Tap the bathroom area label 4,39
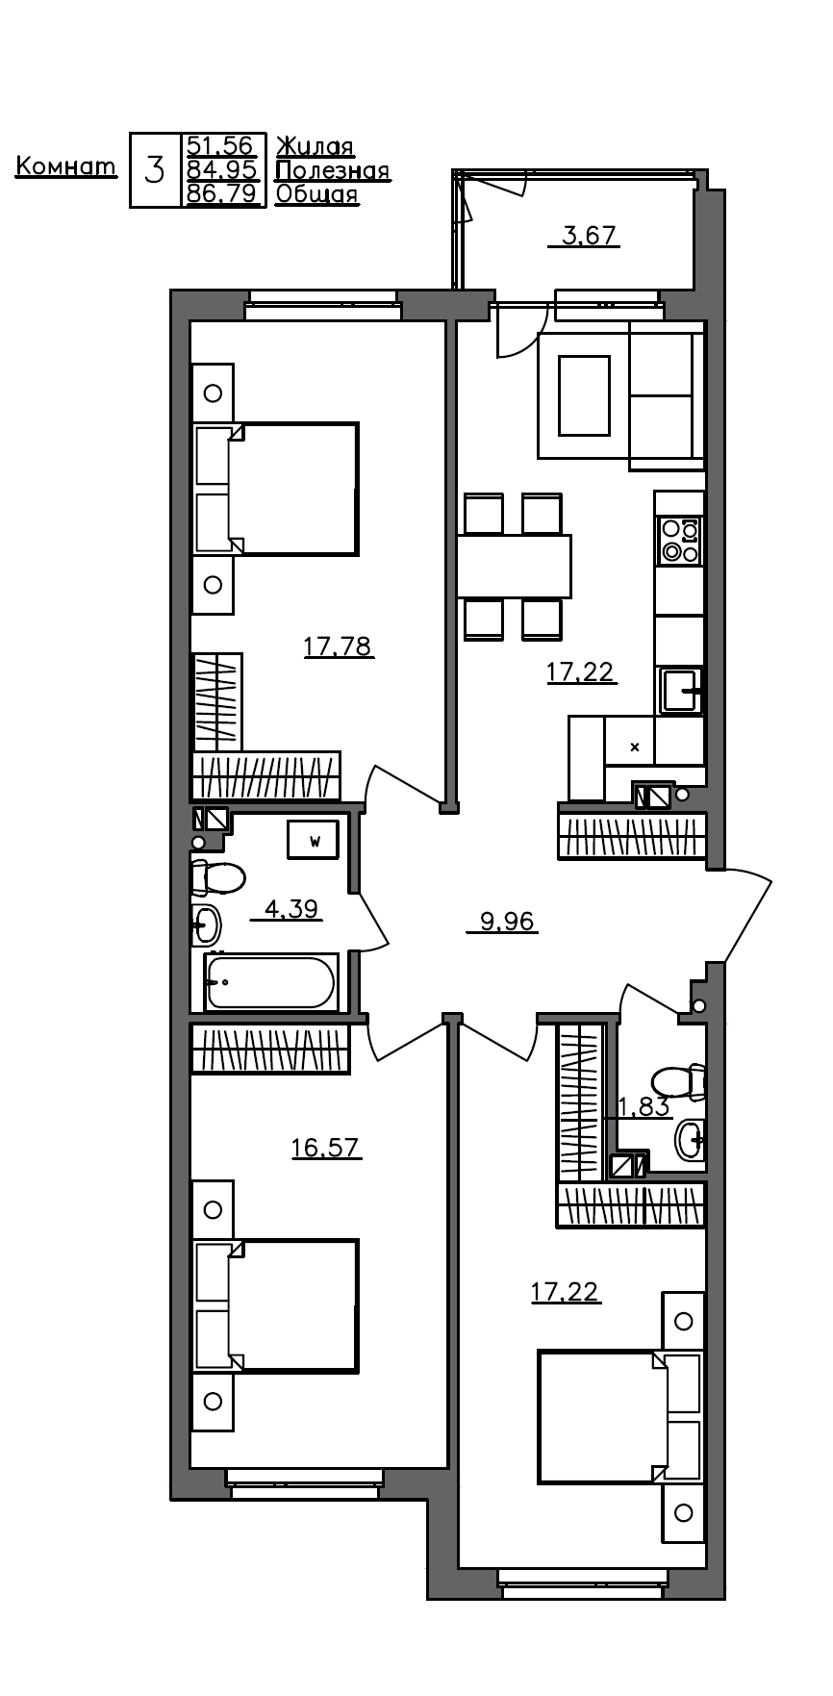click(x=290, y=908)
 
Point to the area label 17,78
click(x=338, y=645)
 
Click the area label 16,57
click(x=326, y=1148)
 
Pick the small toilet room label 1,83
click(x=643, y=1107)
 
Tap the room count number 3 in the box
click(x=154, y=171)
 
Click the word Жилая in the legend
click(x=316, y=147)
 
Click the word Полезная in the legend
click(x=333, y=171)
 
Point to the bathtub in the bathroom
click(x=271, y=982)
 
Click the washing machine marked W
click(x=314, y=840)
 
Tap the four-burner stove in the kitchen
click(x=679, y=540)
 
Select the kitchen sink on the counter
click(x=682, y=691)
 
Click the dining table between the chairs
click(x=514, y=566)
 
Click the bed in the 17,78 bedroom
click(x=293, y=489)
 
